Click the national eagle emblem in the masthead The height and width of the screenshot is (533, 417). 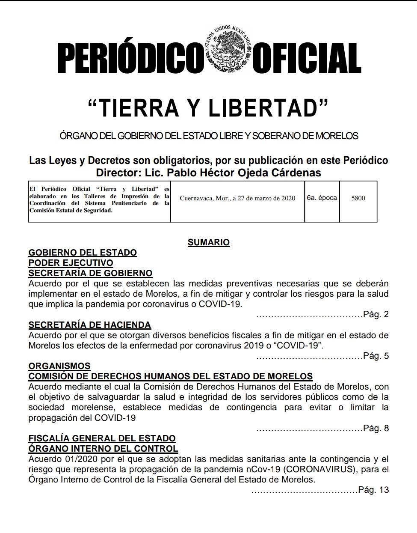point(228,51)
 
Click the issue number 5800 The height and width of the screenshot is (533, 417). point(358,198)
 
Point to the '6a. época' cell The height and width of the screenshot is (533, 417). point(322,198)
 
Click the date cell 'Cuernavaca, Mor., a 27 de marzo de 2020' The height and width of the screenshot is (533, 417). point(237,198)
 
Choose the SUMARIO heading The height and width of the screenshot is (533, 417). point(208,242)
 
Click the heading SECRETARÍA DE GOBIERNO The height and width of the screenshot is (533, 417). point(90,273)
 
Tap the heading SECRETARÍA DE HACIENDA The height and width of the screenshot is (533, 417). point(90,325)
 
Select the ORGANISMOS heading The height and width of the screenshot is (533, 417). point(59,366)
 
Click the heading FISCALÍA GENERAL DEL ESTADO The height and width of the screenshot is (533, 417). point(102,438)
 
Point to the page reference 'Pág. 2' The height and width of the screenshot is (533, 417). point(376,315)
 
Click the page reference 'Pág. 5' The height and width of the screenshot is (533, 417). point(376,356)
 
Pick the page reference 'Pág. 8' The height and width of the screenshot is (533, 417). point(376,428)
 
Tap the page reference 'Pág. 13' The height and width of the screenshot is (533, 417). point(373,490)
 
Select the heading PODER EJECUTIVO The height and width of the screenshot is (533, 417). point(71,263)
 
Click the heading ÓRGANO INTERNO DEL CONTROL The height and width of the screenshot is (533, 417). point(103,449)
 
